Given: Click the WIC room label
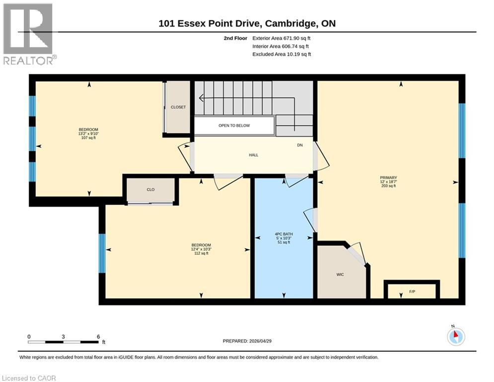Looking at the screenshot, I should pyautogui.click(x=340, y=275).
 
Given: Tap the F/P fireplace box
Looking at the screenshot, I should pyautogui.click(x=412, y=290).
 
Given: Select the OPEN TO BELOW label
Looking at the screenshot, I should pyautogui.click(x=234, y=126).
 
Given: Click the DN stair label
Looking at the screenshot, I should pyautogui.click(x=300, y=145).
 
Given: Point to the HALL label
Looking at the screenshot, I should pyautogui.click(x=253, y=155).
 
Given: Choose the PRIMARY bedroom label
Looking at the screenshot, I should pyautogui.click(x=388, y=178).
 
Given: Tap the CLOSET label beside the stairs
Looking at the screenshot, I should pyautogui.click(x=178, y=107).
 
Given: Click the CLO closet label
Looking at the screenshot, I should pyautogui.click(x=151, y=190).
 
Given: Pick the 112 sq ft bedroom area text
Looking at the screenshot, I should pyautogui.click(x=201, y=253).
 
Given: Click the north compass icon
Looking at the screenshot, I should pyautogui.click(x=455, y=336).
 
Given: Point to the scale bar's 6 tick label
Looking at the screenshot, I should pyautogui.click(x=98, y=336).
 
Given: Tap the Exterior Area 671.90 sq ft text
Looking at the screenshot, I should pyautogui.click(x=282, y=38).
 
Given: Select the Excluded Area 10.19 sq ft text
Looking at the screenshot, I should pyautogui.click(x=282, y=54).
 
